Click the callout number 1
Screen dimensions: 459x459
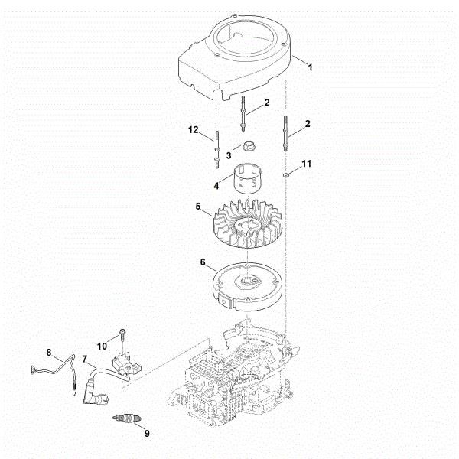click(310, 68)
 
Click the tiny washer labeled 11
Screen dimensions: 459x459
click(285, 176)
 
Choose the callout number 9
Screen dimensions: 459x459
click(146, 434)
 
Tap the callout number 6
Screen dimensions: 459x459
click(203, 262)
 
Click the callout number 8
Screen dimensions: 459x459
click(49, 353)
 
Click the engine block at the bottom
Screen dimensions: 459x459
click(229, 375)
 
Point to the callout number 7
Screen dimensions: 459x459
click(84, 358)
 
